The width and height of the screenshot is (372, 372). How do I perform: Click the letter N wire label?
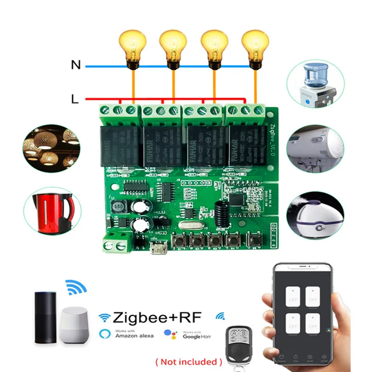click(x=76, y=66)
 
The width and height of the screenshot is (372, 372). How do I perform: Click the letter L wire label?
click(x=75, y=99)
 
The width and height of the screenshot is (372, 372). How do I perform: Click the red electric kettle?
click(x=52, y=212)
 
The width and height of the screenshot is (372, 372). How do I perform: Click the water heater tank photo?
click(x=312, y=148)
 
